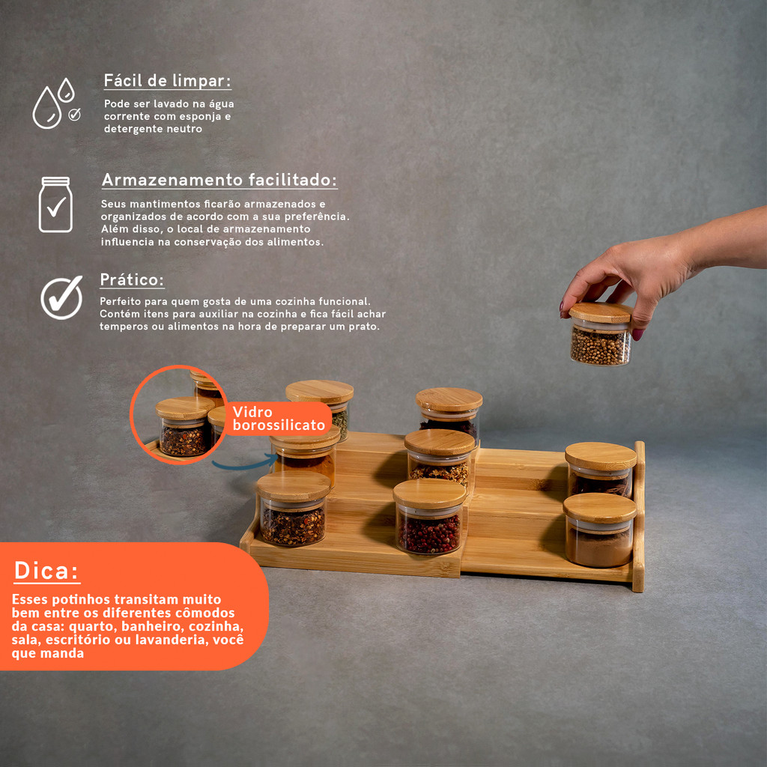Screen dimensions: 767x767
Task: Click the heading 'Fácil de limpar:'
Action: (167, 81)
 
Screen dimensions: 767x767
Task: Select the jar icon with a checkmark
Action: (55, 204)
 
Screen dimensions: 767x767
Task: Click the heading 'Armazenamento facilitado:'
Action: (219, 180)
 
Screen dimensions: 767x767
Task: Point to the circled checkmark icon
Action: (61, 297)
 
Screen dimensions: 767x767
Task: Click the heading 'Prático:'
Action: (132, 280)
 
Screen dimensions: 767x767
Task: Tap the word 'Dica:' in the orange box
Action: (46, 570)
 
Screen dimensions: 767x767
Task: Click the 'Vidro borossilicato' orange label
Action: (279, 418)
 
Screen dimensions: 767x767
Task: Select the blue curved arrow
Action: (245, 462)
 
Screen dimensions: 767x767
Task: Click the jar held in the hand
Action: (600, 334)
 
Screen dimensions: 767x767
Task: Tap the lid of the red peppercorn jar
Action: (429, 494)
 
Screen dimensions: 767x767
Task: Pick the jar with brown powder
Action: (600, 530)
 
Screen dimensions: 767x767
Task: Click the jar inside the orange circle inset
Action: (184, 426)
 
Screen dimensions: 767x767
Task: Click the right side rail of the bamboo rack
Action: (639, 516)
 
